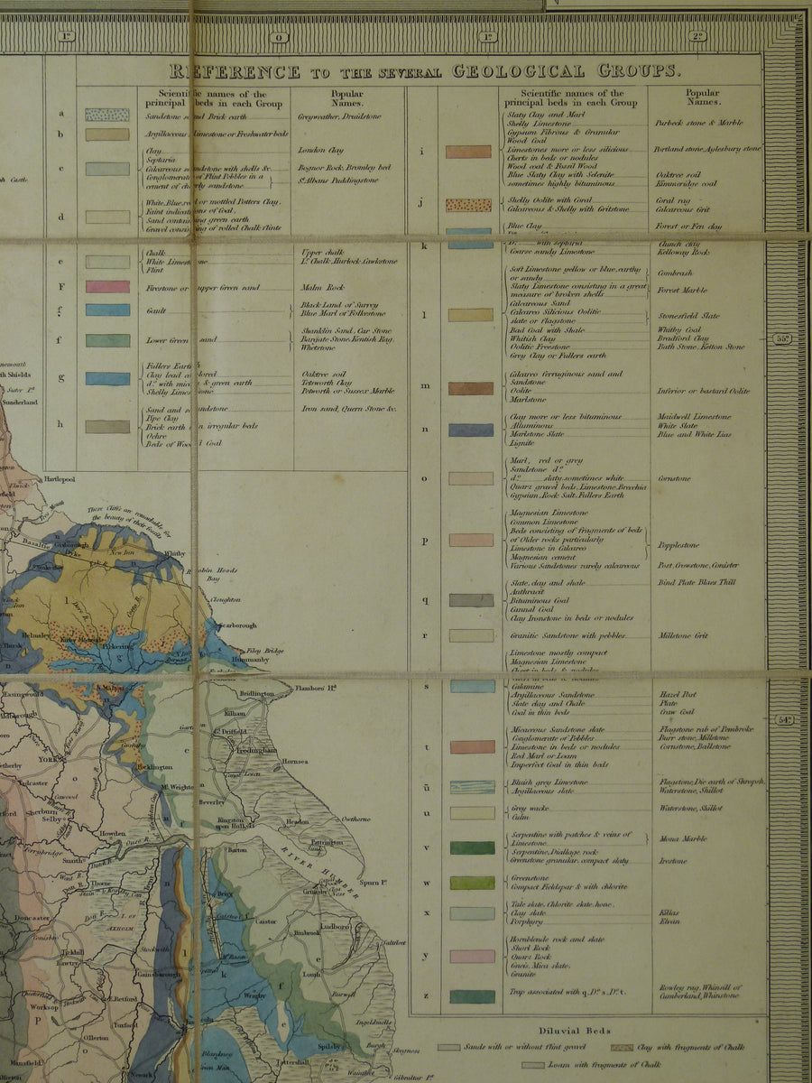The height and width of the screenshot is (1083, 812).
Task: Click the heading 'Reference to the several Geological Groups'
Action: tap(420, 71)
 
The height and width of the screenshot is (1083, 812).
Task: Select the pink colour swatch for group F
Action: tap(107, 286)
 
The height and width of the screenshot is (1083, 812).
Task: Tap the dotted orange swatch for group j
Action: tap(469, 205)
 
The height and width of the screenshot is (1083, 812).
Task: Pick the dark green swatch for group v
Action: tap(473, 847)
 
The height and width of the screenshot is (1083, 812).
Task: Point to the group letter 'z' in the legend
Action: tap(425, 996)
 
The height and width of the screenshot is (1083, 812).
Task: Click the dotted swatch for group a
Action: tap(107, 115)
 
